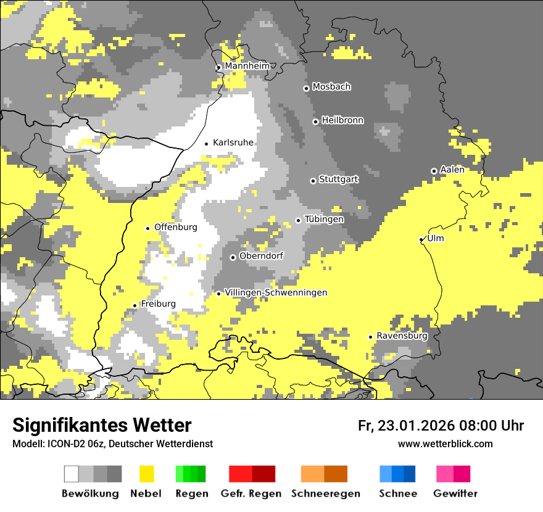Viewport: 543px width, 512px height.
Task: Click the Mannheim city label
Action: click(247, 66)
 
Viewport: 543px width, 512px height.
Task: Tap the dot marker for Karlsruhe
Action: click(207, 144)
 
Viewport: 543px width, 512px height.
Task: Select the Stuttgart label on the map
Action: click(338, 180)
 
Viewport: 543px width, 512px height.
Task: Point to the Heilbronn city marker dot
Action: click(315, 122)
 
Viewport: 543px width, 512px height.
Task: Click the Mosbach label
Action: click(331, 87)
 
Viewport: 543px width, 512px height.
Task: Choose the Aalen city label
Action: click(452, 170)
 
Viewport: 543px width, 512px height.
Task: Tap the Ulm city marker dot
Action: click(421, 239)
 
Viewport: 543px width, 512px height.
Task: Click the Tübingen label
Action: click(324, 219)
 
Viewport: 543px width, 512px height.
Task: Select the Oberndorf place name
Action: click(261, 256)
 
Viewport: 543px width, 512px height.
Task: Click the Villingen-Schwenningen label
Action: click(276, 292)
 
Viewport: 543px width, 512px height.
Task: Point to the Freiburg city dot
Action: click(135, 305)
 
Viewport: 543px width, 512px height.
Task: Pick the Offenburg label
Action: click(176, 227)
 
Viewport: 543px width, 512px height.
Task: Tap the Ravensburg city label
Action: click(402, 336)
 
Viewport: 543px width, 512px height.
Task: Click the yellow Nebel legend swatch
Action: click(147, 474)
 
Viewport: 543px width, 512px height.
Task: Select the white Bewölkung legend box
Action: click(72, 474)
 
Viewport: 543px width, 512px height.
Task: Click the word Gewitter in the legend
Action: click(455, 493)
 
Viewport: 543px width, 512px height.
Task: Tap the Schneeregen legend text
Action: click(326, 493)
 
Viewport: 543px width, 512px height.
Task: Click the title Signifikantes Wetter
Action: click(102, 425)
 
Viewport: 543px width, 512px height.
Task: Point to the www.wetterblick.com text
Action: click(445, 444)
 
